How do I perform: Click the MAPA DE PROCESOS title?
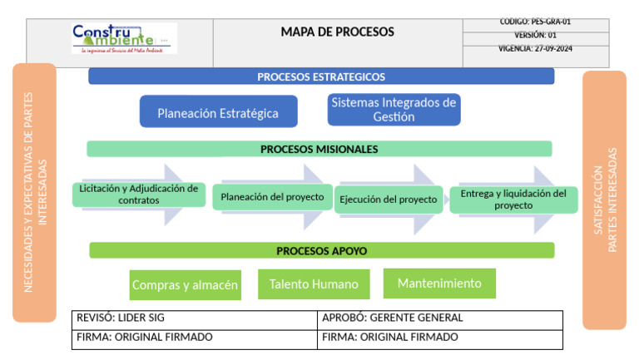point(337,32)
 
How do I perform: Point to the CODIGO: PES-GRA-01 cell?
point(535,22)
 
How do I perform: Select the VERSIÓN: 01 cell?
point(535,36)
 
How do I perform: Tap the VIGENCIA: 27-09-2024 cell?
point(535,48)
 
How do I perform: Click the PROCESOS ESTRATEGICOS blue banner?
point(321,76)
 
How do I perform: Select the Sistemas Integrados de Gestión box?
point(394,110)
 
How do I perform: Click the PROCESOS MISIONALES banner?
point(319,150)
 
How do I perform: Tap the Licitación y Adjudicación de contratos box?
point(139,195)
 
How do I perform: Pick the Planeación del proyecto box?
point(272,197)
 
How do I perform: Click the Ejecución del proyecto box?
point(388,200)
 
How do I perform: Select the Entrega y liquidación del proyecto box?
point(513,200)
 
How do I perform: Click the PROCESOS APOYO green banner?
point(321,250)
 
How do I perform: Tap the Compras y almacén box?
point(186,285)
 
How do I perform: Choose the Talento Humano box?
point(314,284)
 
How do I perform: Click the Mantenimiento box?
point(439,284)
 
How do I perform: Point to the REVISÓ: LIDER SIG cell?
point(194,318)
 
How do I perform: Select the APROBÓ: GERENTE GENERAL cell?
point(439,318)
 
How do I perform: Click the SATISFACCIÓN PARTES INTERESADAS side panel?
point(604,200)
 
